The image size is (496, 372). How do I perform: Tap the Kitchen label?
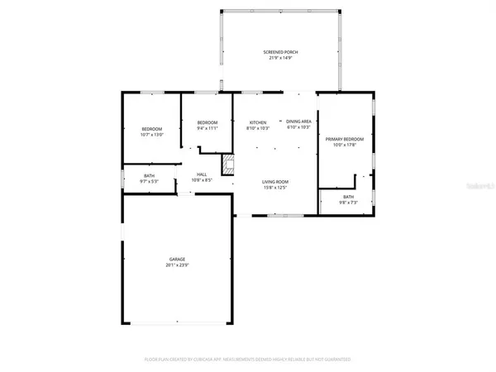tap(258, 122)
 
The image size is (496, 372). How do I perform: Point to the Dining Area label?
tap(298, 122)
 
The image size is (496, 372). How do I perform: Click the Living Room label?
tap(275, 181)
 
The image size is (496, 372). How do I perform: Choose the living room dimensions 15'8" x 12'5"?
tap(275, 188)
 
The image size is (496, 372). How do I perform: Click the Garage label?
tap(178, 259)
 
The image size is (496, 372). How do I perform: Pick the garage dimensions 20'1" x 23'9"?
tap(178, 265)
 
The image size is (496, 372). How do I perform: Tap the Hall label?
tap(203, 174)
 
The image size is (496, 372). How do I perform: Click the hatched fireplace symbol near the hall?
tap(229, 163)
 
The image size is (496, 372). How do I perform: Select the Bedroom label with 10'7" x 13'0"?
tap(152, 128)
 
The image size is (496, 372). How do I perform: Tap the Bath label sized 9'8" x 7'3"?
tap(349, 197)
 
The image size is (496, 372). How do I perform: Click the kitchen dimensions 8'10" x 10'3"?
tap(258, 129)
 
